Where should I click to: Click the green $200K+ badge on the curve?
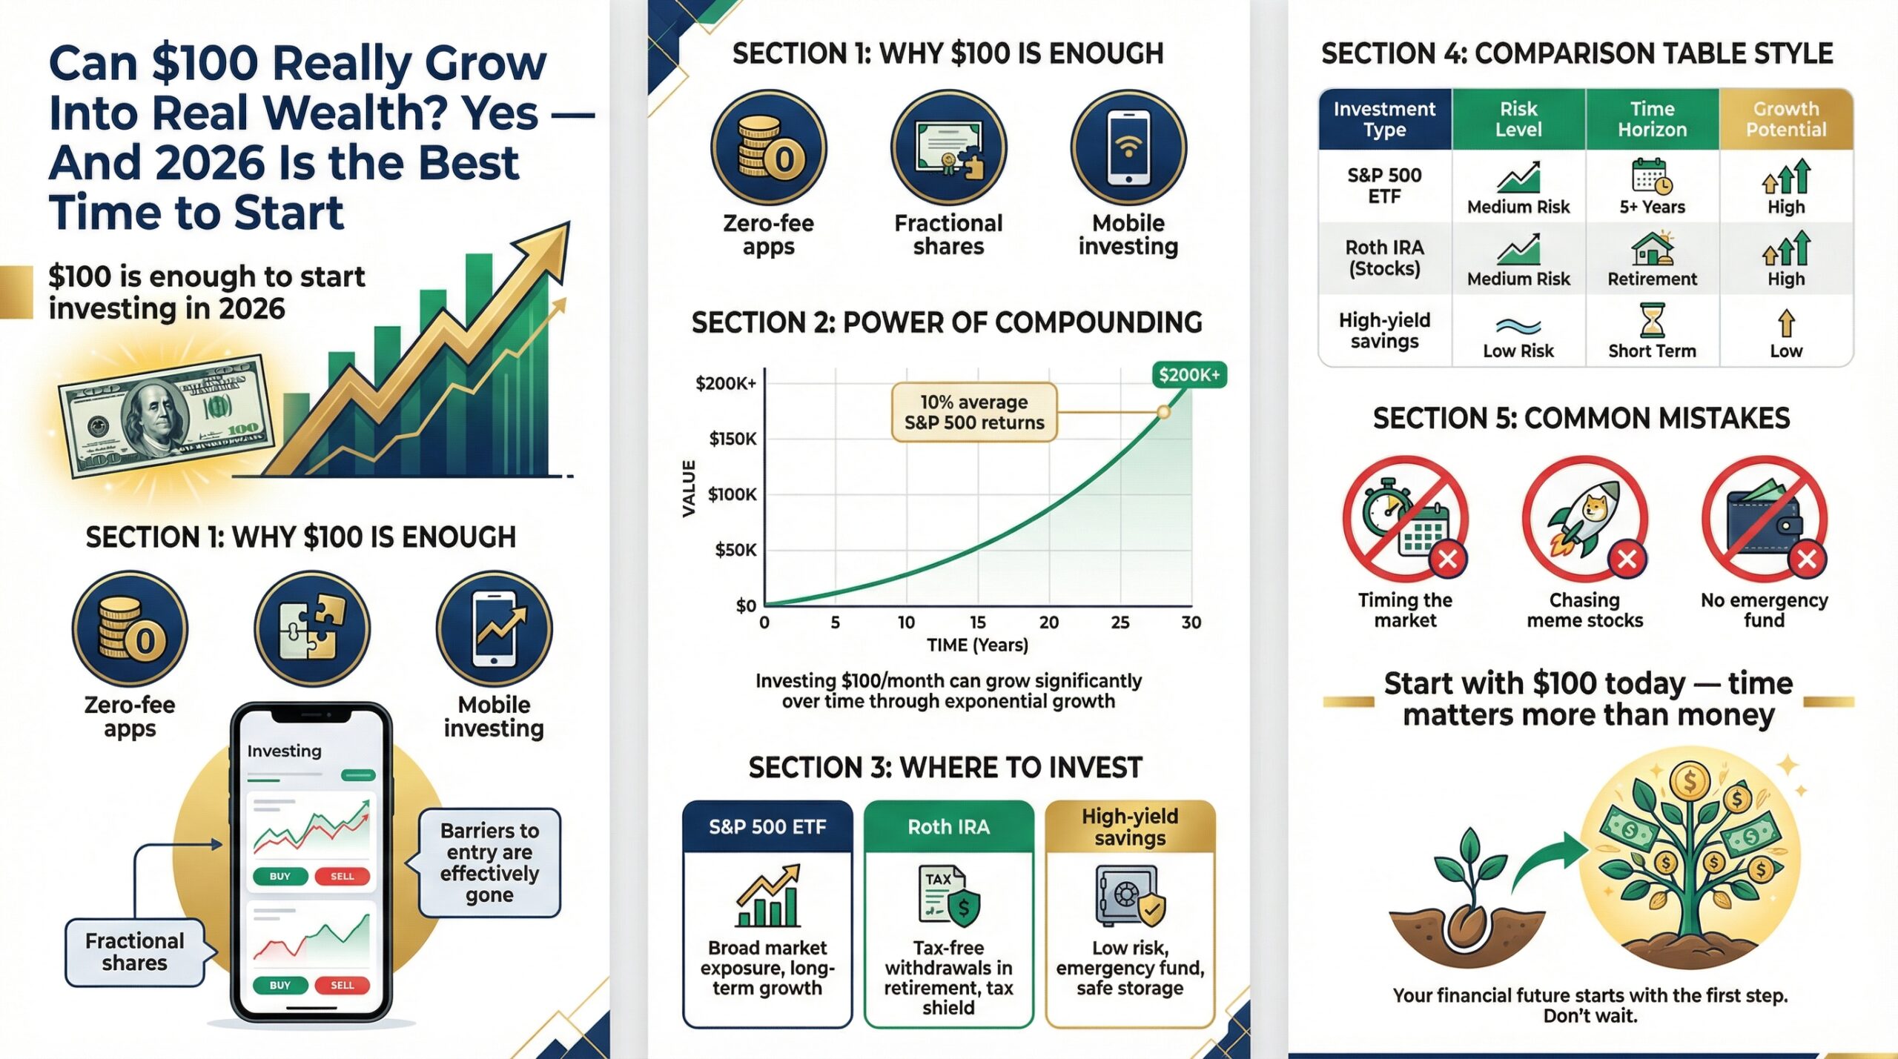pos(1189,375)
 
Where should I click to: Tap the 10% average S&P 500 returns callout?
pos(973,412)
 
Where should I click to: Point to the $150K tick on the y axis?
pos(733,439)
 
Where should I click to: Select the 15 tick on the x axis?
pos(977,623)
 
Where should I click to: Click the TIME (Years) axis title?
pos(977,645)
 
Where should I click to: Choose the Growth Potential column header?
pos(1785,119)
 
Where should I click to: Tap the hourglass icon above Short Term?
pos(1653,321)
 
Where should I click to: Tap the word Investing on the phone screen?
pos(284,751)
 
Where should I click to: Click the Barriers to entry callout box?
pos(489,863)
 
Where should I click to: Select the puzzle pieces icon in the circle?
pos(311,628)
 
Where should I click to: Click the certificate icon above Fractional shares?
pos(947,148)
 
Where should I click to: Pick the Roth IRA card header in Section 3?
pos(948,826)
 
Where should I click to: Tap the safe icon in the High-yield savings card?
pos(1128,897)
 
